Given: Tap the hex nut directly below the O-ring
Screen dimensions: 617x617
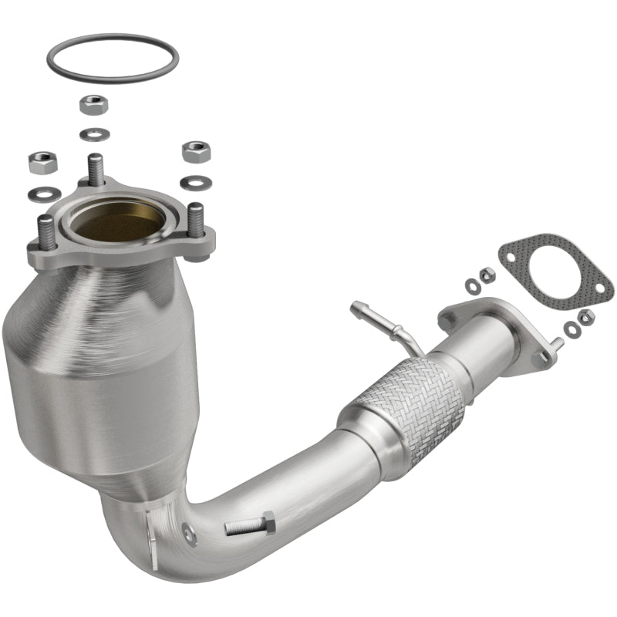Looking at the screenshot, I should click(93, 103).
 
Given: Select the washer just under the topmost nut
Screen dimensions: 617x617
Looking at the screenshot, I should click(94, 133).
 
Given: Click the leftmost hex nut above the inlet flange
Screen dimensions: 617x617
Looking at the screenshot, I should click(40, 162).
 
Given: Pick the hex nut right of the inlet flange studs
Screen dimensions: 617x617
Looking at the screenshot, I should click(196, 150).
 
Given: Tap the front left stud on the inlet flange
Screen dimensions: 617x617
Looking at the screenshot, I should click(46, 230).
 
